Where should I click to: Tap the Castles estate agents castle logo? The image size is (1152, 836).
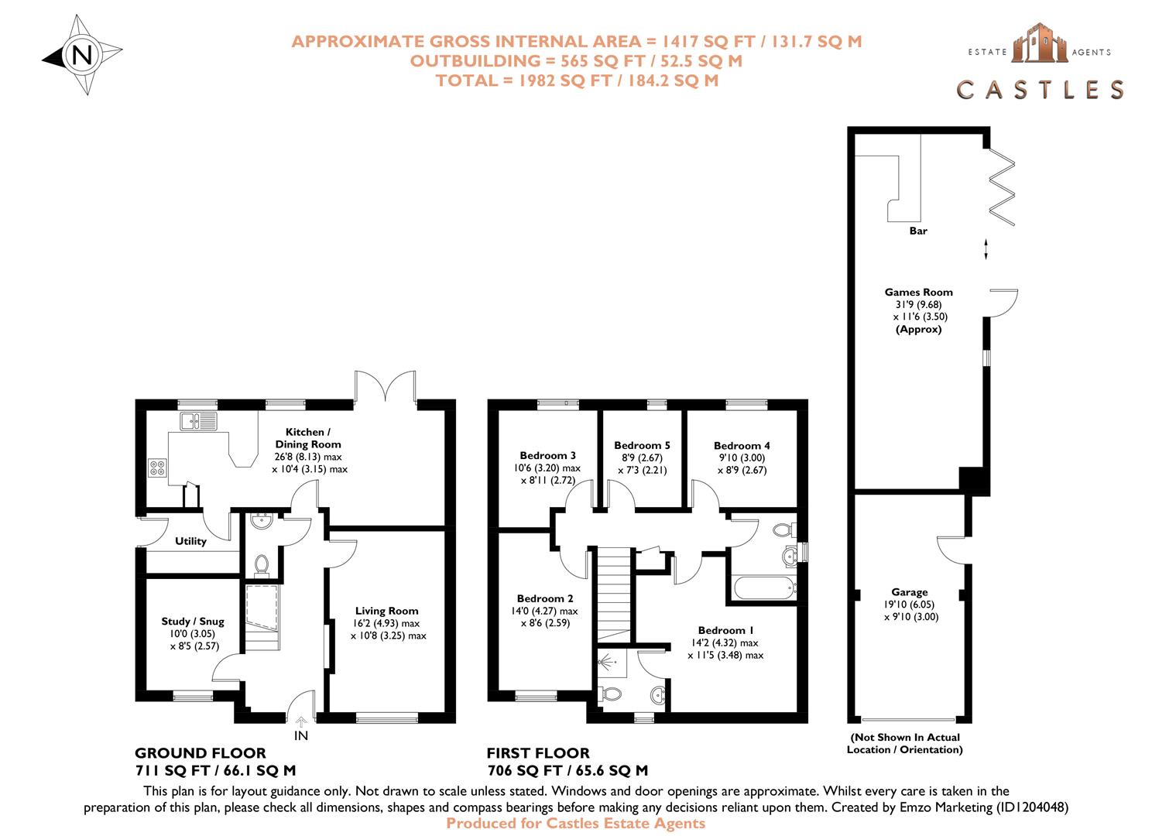point(1040,43)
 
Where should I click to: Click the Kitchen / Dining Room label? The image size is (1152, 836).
point(307,438)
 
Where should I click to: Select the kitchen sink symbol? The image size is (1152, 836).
point(199,421)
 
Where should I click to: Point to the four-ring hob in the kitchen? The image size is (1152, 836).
point(157,468)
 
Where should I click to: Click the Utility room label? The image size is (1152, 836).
point(190,541)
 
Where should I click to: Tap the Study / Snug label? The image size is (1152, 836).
point(193,621)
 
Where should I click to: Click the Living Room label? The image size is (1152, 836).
point(386,611)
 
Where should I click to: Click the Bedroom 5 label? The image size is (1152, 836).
point(642,445)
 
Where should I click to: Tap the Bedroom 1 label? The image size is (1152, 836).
point(725,630)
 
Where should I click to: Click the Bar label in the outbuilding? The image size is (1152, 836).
point(918,231)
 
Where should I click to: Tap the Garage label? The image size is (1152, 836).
point(909,592)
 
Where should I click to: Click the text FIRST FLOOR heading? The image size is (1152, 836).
point(538,753)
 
